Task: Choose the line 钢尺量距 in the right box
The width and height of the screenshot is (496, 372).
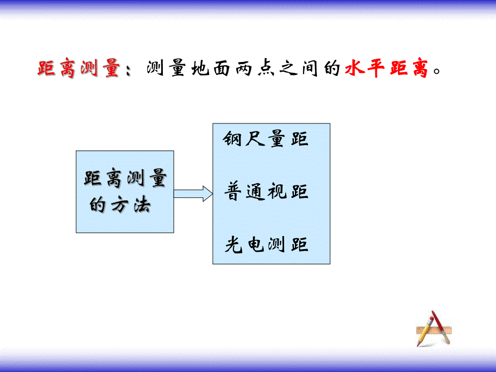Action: pyautogui.click(x=266, y=140)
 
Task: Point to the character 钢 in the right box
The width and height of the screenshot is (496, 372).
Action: pyautogui.click(x=233, y=140)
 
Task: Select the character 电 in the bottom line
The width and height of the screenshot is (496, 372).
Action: pyautogui.click(x=256, y=245)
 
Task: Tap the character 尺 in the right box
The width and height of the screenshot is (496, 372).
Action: pyautogui.click(x=255, y=140)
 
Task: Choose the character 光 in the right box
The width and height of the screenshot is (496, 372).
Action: pyautogui.click(x=234, y=245)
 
